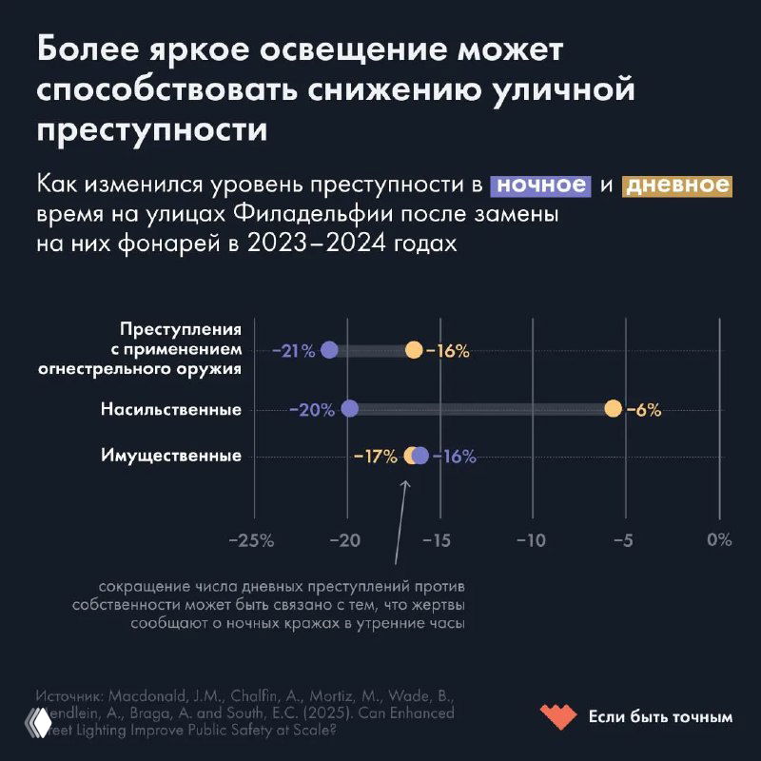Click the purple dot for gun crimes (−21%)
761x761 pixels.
(x=329, y=350)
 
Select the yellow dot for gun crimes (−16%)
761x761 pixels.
(x=414, y=350)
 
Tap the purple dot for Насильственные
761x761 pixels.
(x=349, y=409)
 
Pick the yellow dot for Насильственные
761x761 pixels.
(x=613, y=409)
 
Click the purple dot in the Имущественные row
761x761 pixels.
(x=420, y=456)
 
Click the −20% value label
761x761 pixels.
(x=312, y=410)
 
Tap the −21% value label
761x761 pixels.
(x=293, y=351)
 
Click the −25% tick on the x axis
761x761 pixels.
(x=252, y=539)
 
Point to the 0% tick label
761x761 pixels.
(x=719, y=539)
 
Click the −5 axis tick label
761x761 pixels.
(x=624, y=539)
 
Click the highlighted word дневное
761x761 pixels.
(x=676, y=185)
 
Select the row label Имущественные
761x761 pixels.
(x=171, y=456)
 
